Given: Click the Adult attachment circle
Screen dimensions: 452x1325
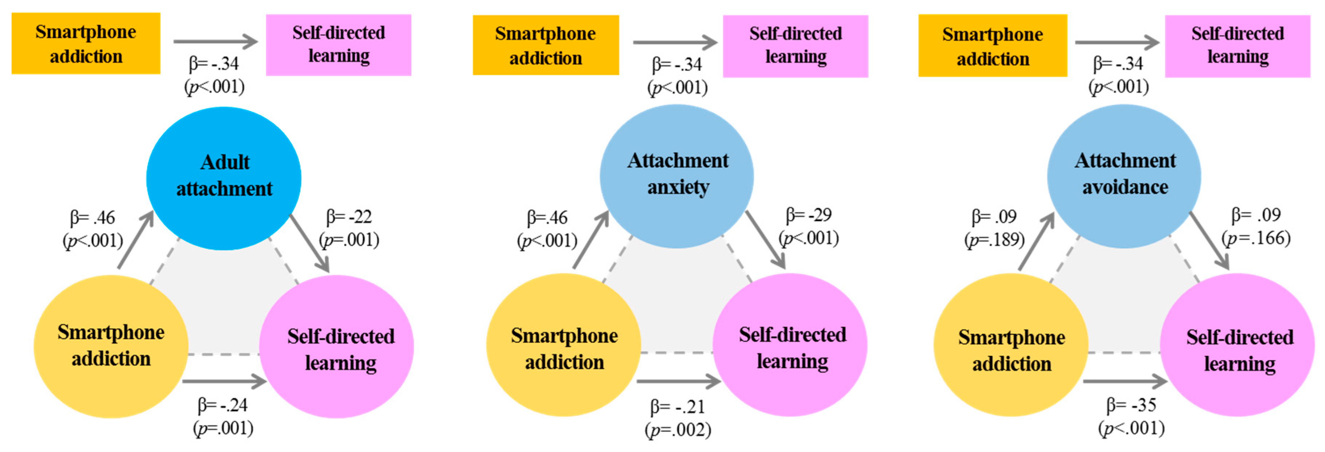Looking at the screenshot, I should [x=224, y=177].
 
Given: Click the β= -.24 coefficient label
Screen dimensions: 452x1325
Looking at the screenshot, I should [x=223, y=405].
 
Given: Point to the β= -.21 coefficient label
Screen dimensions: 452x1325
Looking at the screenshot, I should [x=677, y=407].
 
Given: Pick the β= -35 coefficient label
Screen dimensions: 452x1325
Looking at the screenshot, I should [x=1131, y=405].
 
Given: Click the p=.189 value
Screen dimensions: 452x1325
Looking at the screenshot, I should [x=994, y=240].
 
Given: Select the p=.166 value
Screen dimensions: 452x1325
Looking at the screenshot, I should [x=1256, y=238].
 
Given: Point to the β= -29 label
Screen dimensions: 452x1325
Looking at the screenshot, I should [x=808, y=215].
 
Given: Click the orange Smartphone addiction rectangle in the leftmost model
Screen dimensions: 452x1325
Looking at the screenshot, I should [x=86, y=44].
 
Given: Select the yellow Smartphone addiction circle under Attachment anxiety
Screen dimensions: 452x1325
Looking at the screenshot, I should [x=564, y=345].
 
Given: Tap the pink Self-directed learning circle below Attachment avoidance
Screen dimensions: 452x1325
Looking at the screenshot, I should [x=1237, y=345].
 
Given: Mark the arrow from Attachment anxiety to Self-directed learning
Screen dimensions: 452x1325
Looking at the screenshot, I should [x=765, y=240].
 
